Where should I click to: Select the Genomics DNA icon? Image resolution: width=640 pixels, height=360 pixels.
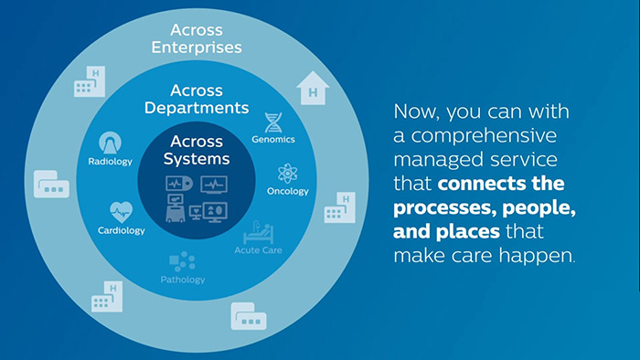272,122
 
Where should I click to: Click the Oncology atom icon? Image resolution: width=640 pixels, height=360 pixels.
288,173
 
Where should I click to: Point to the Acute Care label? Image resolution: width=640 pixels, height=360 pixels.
256,250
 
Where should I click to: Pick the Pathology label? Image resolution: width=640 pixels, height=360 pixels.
183,280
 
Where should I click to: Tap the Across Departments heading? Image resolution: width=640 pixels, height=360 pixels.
209,99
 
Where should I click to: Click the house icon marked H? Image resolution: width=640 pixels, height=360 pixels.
313,89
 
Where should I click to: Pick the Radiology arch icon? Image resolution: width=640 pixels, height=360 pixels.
111,143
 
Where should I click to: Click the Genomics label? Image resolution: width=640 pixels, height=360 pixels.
272,140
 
